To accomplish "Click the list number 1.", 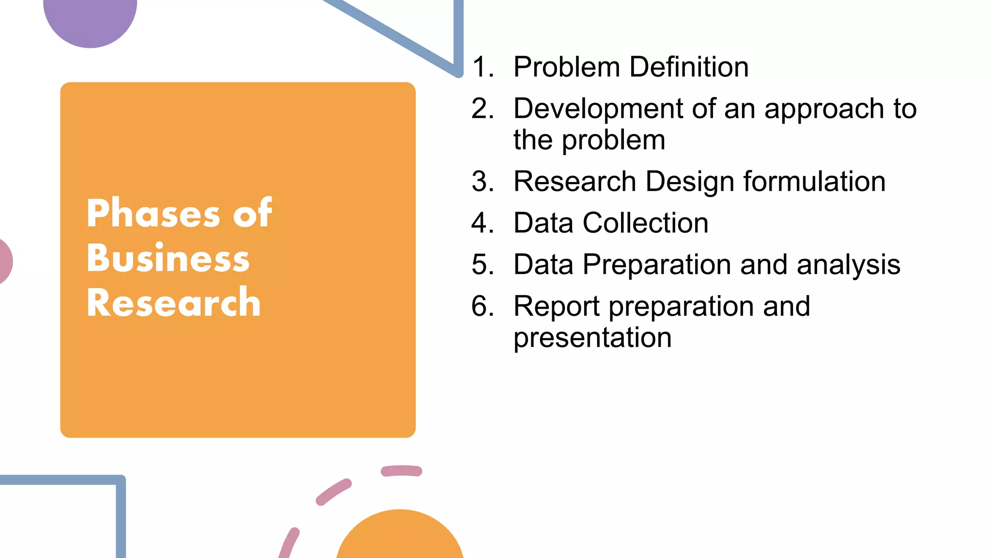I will (x=482, y=67).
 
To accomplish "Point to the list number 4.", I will (x=482, y=223).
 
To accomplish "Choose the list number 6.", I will (x=482, y=306).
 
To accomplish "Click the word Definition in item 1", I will (x=689, y=67).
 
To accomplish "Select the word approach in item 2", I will (x=831, y=109).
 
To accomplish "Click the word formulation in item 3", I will (x=814, y=182).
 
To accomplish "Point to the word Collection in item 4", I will (x=645, y=223).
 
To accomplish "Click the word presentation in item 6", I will (x=592, y=338).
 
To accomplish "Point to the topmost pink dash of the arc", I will (x=402, y=470).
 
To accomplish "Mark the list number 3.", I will (x=482, y=182).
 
